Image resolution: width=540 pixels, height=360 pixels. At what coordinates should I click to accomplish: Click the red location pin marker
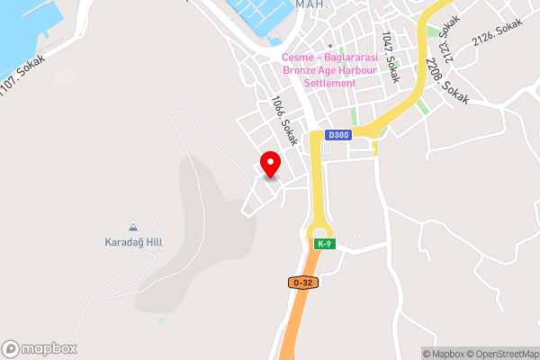coord(270,164)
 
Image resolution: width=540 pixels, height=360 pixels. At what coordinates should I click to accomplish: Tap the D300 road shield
coord(337,135)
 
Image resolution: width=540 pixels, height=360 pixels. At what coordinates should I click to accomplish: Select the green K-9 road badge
coord(324,244)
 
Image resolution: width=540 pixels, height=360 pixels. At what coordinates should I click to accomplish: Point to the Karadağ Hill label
coord(133,242)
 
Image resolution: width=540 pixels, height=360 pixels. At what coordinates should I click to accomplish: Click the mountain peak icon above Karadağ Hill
coord(133,227)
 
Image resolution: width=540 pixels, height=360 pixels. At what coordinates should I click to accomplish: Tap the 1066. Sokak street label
coord(284,121)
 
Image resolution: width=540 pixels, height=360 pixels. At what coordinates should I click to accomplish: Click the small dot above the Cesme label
coord(330,46)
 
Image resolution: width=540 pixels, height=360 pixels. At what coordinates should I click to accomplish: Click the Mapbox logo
coord(40,348)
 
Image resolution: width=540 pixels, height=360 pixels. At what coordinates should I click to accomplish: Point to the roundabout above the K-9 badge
coord(320,225)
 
